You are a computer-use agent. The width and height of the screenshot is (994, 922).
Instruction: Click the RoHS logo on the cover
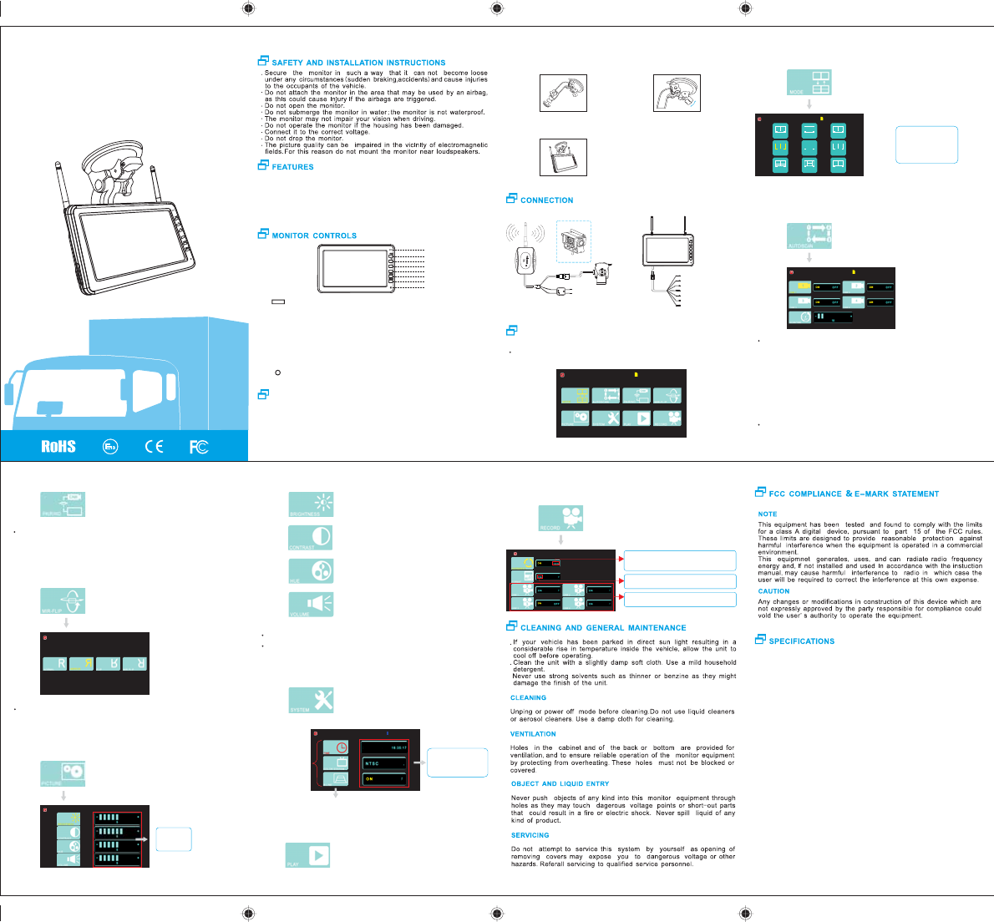pos(58,446)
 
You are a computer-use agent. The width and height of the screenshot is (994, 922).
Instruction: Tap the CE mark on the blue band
pos(154,447)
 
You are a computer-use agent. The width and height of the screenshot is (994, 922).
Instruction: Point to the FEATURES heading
pos(292,167)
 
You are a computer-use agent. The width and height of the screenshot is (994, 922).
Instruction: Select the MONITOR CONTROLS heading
pos(314,236)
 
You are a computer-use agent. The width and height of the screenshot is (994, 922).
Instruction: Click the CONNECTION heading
pos(546,200)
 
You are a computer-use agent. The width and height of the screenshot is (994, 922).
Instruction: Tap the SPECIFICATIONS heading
pos(801,641)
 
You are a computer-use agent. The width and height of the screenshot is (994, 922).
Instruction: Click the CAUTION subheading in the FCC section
pos(773,591)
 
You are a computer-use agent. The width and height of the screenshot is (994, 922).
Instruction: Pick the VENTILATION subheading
pos(533,734)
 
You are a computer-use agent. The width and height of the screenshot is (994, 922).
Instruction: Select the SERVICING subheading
pos(530,835)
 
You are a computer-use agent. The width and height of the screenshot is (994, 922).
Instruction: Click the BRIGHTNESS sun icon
pos(312,504)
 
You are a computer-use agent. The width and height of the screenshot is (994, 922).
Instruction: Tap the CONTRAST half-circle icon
pos(312,538)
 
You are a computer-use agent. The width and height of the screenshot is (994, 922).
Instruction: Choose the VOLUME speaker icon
pos(312,604)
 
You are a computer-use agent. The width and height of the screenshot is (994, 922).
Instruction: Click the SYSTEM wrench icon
pos(312,700)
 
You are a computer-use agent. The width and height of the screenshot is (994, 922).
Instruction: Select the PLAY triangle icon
pos(308,855)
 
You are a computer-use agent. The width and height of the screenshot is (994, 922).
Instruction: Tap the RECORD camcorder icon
pos(560,518)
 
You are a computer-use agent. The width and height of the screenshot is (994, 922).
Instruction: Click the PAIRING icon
pos(63,504)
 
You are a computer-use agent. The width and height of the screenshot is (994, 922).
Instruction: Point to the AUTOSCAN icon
pos(810,236)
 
